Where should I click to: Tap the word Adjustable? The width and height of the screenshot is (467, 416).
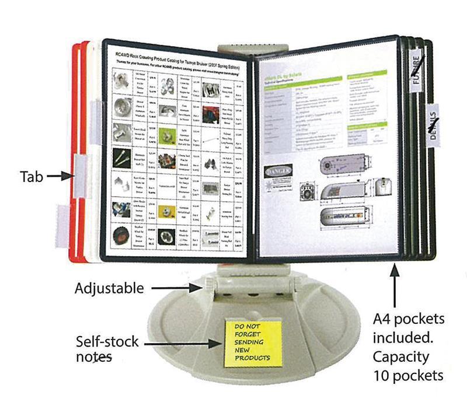pyautogui.click(x=109, y=288)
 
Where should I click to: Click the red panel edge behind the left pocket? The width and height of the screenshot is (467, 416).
pyautogui.click(x=75, y=152)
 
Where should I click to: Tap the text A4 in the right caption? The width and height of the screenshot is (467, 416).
pyautogui.click(x=384, y=319)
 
